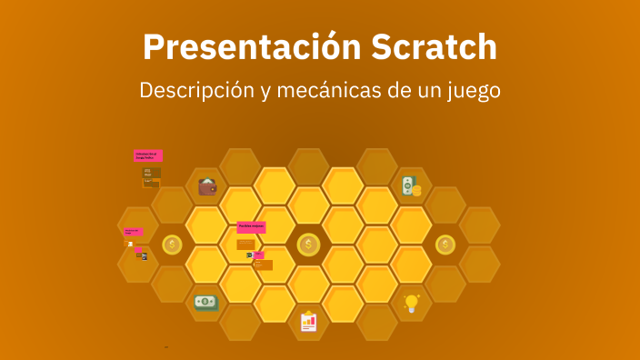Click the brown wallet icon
point(208,187)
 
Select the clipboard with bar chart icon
point(309,321)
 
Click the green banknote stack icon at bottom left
point(206,302)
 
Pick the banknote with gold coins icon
point(412,187)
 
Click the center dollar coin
point(309,245)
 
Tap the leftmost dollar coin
point(173,245)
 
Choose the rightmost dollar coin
point(445,245)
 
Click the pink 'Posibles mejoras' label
point(251,227)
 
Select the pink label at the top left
point(148,155)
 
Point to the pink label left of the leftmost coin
point(133,232)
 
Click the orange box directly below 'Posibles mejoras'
point(245,244)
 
